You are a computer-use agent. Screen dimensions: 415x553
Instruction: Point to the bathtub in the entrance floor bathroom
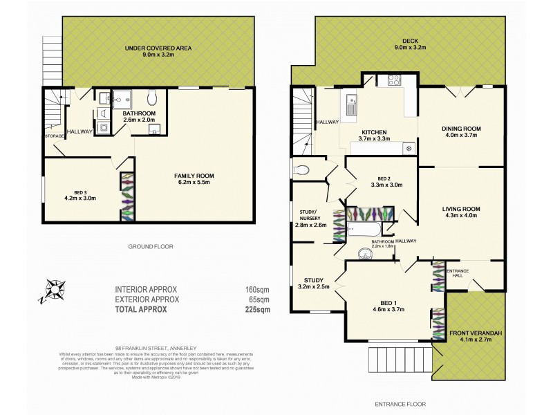coord(363,229)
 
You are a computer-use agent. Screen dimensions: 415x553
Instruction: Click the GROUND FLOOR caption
coord(150,246)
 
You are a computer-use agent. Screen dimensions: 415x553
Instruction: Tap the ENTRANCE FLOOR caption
coord(400,404)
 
